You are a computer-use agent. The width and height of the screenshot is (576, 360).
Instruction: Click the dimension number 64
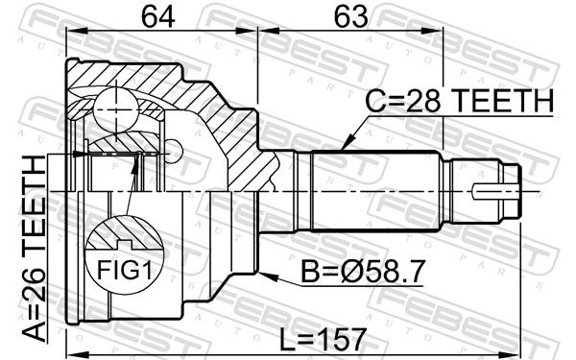[x=158, y=17]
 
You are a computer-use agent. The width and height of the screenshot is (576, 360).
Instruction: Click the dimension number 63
[x=350, y=17]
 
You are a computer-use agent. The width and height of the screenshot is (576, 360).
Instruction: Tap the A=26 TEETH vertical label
[x=34, y=249]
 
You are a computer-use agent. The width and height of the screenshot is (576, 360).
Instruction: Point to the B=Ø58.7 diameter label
[x=363, y=272]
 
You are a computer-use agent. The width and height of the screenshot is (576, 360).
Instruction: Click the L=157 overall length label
[x=324, y=340]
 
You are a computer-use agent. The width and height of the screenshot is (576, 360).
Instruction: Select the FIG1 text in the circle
[x=124, y=271]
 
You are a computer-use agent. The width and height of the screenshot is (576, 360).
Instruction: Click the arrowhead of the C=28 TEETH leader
[x=348, y=143]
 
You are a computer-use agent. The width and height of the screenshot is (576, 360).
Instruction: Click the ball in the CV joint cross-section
[x=116, y=109]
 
